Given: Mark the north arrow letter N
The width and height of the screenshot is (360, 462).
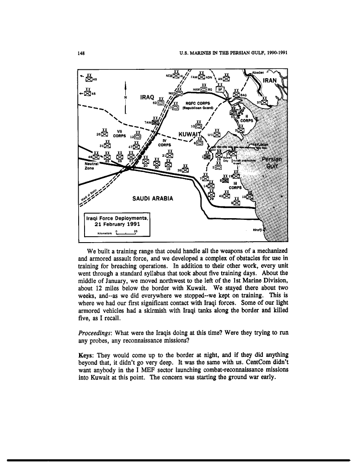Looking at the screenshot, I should point(126,98).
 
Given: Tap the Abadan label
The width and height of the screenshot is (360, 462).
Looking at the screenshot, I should point(257,71).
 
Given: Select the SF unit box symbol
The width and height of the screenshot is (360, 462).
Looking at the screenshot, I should point(220,89).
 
